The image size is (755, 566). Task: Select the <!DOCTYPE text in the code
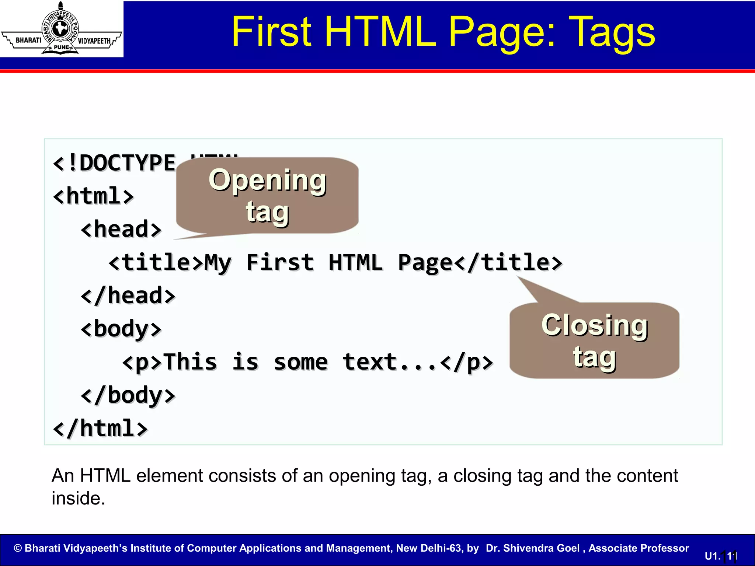(x=114, y=163)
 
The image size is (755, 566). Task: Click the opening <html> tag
(x=93, y=196)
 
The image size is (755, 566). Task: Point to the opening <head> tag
(x=121, y=229)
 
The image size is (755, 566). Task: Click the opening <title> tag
(x=156, y=263)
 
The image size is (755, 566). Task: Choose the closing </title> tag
(x=508, y=263)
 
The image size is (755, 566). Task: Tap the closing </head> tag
(x=128, y=296)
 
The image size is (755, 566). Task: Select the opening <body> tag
(x=121, y=329)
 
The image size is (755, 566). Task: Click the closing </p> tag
(x=467, y=362)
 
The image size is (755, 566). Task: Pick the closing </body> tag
(x=128, y=395)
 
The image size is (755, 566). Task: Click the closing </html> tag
(x=100, y=429)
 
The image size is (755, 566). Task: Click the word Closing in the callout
(x=594, y=326)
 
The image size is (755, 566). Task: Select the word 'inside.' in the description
(x=78, y=498)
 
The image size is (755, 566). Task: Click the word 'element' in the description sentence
(x=169, y=476)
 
